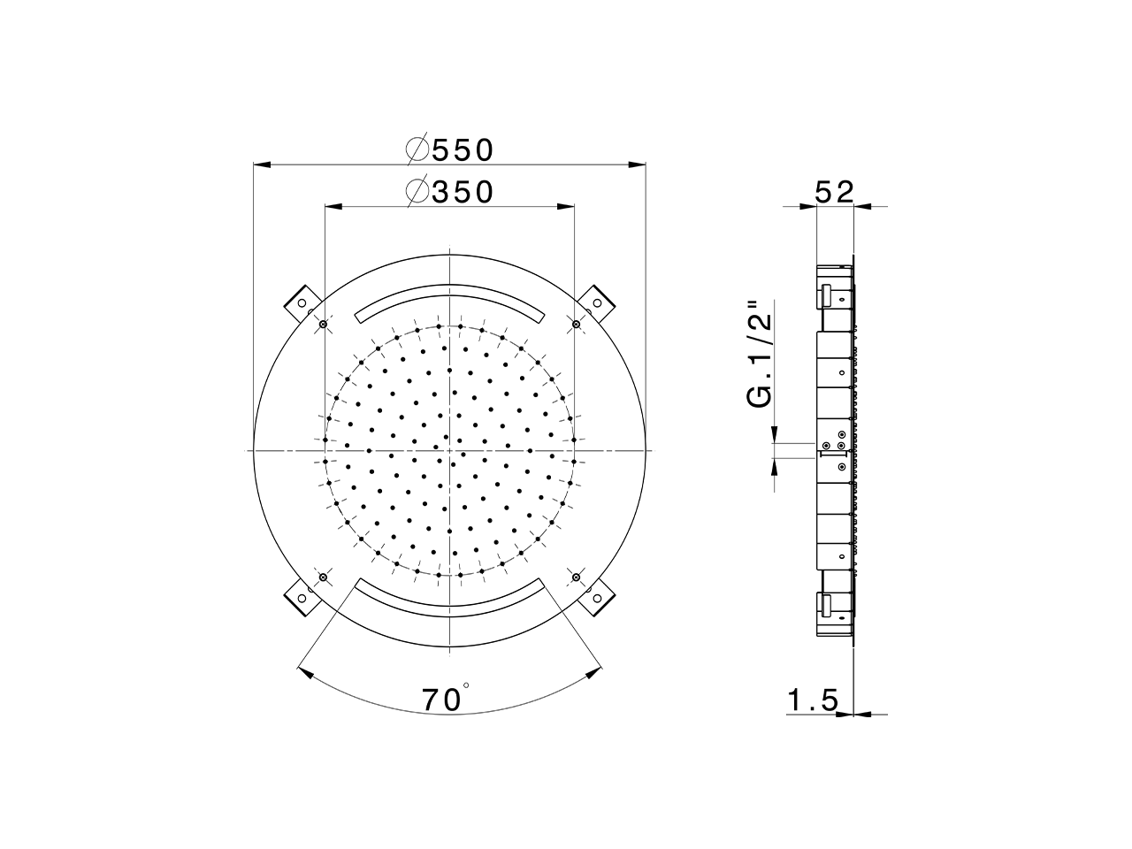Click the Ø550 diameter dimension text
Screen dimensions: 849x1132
tap(449, 149)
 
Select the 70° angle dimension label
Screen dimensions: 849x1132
tap(444, 700)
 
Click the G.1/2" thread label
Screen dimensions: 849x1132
tap(760, 354)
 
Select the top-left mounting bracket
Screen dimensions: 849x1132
tap(301, 302)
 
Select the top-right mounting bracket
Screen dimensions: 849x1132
tap(598, 302)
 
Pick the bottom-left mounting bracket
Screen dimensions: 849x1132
tap(301, 598)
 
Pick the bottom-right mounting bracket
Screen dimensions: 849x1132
tap(598, 598)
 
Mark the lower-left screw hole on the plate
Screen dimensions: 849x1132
tap(323, 577)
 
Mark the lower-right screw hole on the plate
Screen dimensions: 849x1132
tap(576, 577)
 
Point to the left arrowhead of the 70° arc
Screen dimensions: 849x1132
tap(306, 673)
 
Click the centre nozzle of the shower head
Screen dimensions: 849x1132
tap(450, 451)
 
